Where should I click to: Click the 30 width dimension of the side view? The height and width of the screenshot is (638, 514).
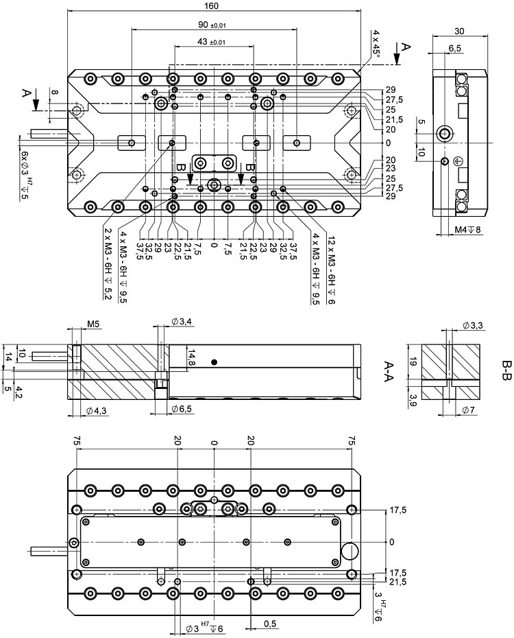click(459, 30)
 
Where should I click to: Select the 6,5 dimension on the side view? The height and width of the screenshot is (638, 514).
click(454, 48)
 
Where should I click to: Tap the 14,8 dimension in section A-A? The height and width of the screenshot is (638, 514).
click(192, 357)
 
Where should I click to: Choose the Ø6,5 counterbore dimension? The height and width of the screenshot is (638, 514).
click(181, 410)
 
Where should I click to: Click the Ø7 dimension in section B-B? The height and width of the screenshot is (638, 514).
click(469, 410)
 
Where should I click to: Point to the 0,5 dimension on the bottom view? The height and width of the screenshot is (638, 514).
click(269, 624)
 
